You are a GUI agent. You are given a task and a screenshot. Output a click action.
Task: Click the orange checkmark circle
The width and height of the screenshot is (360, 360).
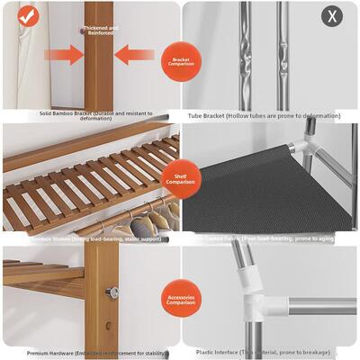point(28,16)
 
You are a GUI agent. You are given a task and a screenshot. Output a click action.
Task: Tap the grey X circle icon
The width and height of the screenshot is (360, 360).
point(332,16)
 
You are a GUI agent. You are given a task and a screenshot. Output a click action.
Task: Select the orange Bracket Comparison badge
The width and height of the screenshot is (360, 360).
point(180,61)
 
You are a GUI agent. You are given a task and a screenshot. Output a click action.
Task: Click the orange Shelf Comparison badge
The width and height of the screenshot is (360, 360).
point(180,179)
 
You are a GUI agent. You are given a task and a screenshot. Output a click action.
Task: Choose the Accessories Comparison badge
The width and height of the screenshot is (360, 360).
point(180,299)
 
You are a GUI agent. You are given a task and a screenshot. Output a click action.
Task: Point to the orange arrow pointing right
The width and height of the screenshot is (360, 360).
point(64,55)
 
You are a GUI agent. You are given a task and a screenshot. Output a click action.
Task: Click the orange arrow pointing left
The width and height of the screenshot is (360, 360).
point(136,55)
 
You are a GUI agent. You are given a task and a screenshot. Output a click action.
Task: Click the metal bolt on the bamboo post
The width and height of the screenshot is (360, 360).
point(113,292)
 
